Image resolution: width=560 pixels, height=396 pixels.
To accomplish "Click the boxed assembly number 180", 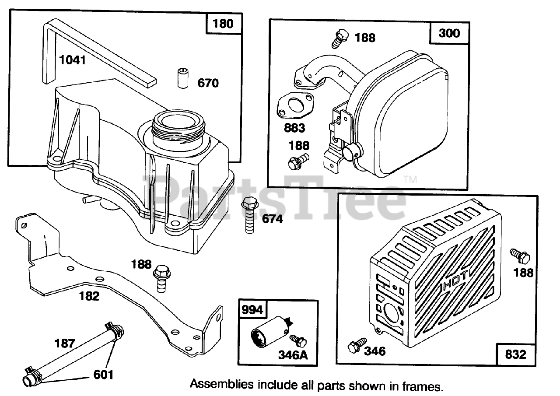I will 223,23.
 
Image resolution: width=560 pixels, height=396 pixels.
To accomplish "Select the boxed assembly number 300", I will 450,32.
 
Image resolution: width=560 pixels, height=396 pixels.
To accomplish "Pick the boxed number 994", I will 252,310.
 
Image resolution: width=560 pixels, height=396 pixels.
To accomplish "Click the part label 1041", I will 72,60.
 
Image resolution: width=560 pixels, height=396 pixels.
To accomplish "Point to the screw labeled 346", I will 353,347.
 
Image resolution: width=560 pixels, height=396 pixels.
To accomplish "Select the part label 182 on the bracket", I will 89,296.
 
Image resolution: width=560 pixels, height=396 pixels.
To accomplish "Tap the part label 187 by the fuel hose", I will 65,343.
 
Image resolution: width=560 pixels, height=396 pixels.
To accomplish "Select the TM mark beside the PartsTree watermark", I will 410,179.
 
